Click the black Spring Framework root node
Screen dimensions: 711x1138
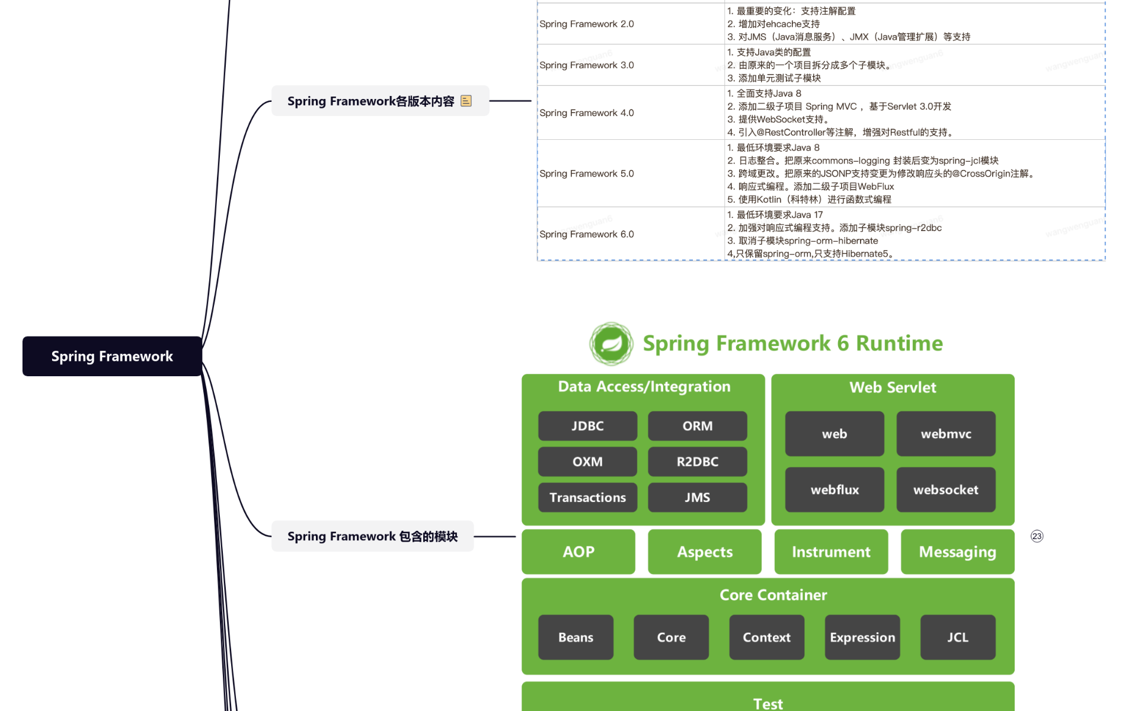point(112,356)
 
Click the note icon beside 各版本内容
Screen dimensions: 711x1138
point(466,101)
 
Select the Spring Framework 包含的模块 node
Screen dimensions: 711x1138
point(372,536)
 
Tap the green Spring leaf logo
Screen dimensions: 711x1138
point(611,344)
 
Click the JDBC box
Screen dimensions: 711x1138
point(587,426)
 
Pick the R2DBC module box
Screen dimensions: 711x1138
point(697,462)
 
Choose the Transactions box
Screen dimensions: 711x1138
point(587,498)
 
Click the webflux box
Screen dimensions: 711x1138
point(835,490)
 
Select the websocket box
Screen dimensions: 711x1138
point(945,490)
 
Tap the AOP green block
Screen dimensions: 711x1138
point(578,552)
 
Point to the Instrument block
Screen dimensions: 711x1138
point(831,552)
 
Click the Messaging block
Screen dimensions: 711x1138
point(957,552)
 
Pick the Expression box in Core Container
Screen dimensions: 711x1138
point(862,638)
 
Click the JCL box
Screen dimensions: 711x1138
point(957,638)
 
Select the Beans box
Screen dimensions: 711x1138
point(576,638)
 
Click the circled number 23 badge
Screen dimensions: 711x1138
point(1037,536)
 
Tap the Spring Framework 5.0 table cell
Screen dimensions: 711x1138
point(587,174)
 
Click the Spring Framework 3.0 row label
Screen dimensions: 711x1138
point(587,65)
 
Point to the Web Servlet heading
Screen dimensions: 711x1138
point(893,387)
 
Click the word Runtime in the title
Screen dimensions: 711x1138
point(899,344)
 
